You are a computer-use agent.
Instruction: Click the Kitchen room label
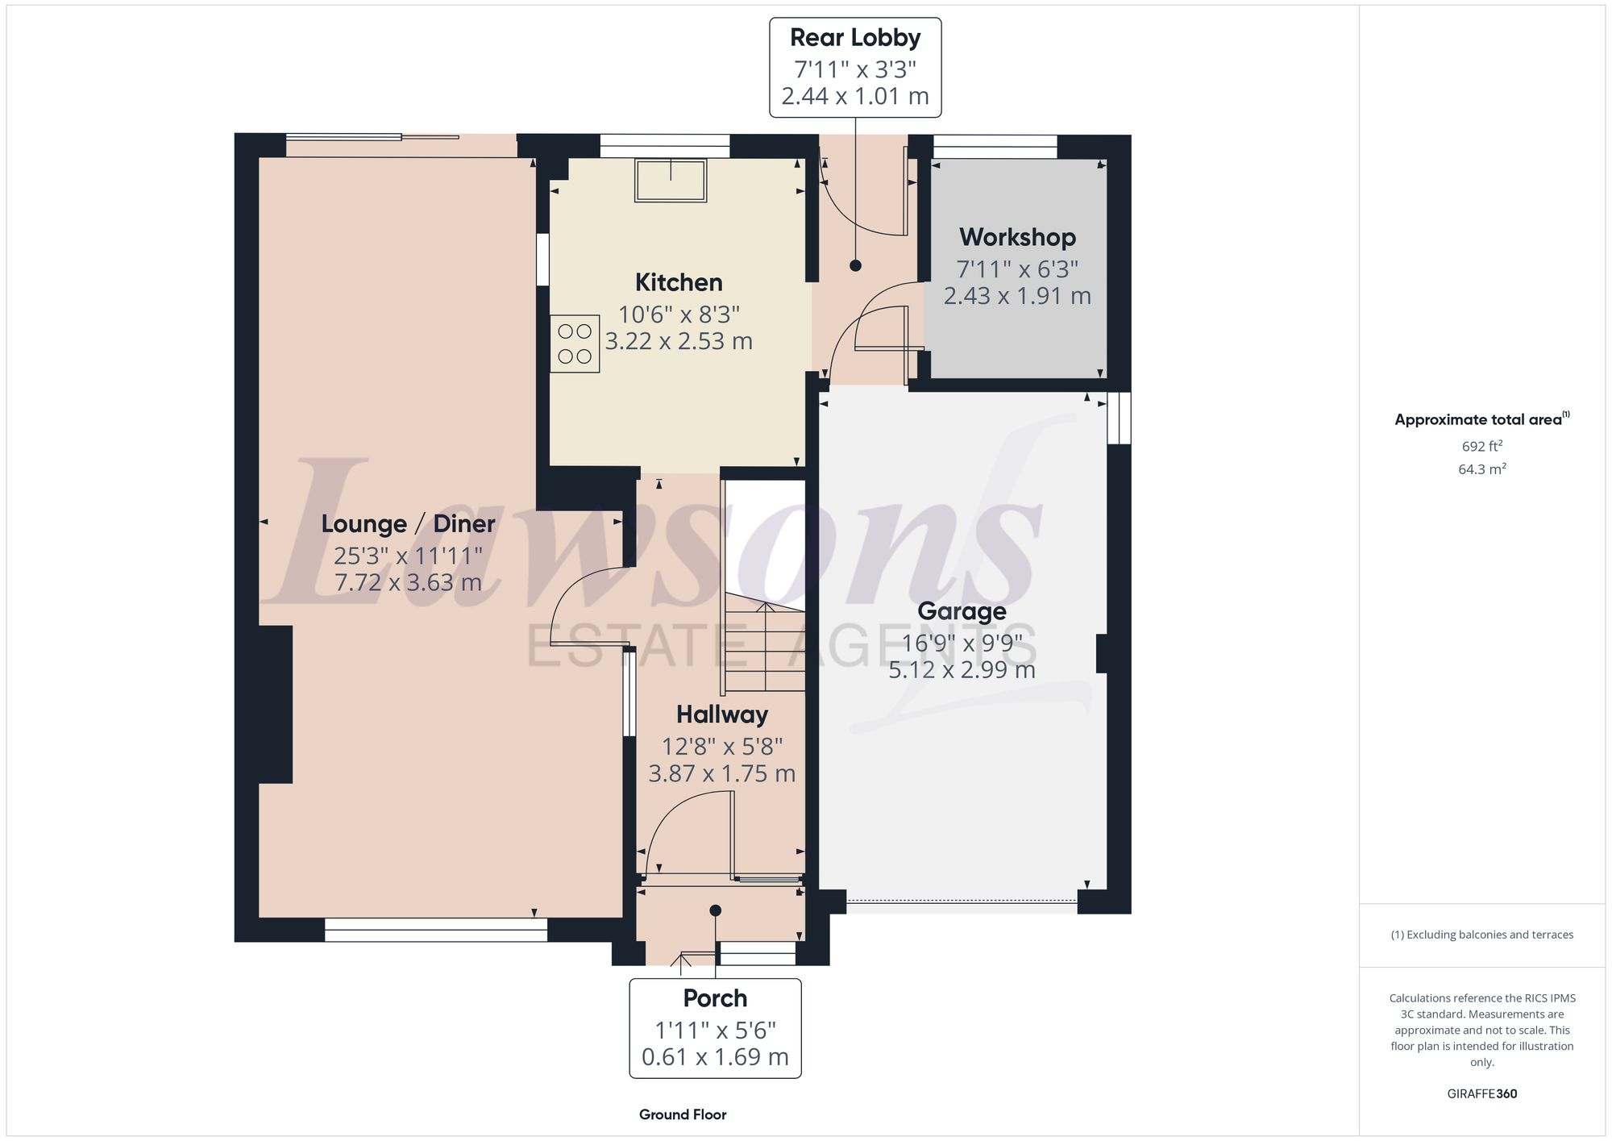(x=679, y=282)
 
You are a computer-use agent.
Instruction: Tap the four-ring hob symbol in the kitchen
(x=575, y=344)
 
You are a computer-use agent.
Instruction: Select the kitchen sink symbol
(x=671, y=180)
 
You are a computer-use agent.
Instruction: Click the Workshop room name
(x=1017, y=237)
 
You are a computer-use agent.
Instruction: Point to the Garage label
(x=962, y=611)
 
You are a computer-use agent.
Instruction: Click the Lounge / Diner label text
(x=408, y=524)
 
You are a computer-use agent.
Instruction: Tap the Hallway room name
(x=721, y=714)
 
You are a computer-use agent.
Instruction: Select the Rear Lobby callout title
(x=855, y=38)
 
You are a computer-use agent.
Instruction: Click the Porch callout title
(x=715, y=998)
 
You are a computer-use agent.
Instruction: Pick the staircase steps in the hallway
(x=764, y=645)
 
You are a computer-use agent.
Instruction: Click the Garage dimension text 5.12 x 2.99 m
(x=962, y=670)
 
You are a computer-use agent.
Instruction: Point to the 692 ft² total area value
(x=1481, y=446)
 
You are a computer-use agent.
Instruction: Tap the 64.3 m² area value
(x=1481, y=468)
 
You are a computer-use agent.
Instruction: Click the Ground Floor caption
(x=683, y=1114)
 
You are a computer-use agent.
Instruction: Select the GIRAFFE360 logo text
(x=1481, y=1093)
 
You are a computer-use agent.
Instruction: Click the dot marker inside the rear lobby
(x=855, y=265)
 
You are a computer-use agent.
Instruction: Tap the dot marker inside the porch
(x=715, y=910)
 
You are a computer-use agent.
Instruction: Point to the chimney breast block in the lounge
(x=276, y=704)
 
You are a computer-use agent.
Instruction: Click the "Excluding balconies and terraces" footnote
(x=1481, y=935)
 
